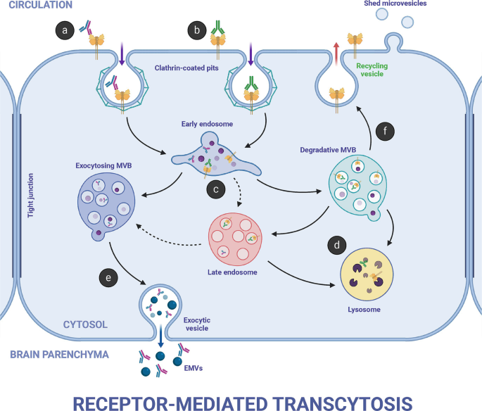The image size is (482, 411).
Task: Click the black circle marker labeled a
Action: [65, 30]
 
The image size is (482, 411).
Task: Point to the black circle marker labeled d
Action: [336, 246]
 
